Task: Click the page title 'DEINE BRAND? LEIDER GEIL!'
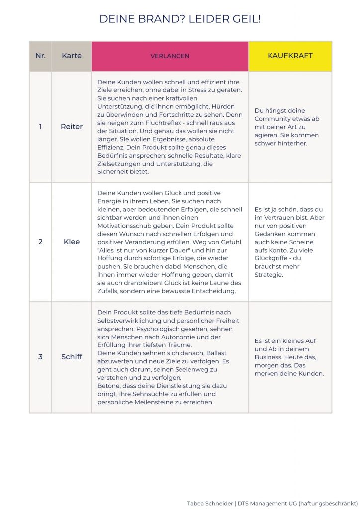pos(180,19)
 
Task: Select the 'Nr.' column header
pos(40,56)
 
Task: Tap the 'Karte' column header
pos(72,56)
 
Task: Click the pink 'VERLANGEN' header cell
pos(170,56)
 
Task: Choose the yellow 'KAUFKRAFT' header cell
pos(290,56)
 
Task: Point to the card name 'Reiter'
pos(72,127)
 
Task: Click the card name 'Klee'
pos(72,242)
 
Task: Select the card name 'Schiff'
pos(72,357)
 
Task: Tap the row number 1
pos(40,127)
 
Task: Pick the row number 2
pos(40,242)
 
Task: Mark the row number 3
pos(40,357)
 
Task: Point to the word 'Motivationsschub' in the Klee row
pos(124,225)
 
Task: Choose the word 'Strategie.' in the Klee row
pos(269,274)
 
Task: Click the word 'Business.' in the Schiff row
pos(270,357)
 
